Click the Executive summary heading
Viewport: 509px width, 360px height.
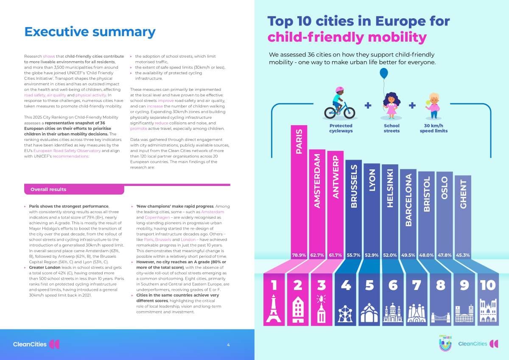tap(90, 32)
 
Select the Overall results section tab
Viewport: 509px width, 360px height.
tap(74, 189)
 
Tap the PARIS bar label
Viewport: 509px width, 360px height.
tap(299, 141)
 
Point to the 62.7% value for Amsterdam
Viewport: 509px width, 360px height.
tap(317, 255)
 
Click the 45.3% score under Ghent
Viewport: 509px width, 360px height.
tap(463, 255)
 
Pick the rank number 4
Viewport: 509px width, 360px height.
tap(346, 285)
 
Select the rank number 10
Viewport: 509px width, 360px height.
tap(488, 285)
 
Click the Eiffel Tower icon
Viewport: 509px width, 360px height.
tap(274, 308)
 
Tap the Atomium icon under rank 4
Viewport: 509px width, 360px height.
tap(345, 314)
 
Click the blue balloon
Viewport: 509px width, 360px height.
tap(384, 73)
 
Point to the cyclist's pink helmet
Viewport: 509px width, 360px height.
tap(339, 90)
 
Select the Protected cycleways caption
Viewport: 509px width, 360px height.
tap(341, 128)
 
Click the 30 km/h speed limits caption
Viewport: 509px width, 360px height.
tap(433, 128)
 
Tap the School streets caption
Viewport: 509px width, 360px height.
tap(392, 128)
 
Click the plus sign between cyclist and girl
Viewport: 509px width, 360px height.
tap(368, 105)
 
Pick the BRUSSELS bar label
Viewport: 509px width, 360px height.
tap(354, 186)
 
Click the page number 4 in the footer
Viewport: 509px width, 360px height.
tap(228, 345)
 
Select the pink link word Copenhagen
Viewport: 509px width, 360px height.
tap(157, 217)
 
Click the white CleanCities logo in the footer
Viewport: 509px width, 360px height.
tap(36, 344)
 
